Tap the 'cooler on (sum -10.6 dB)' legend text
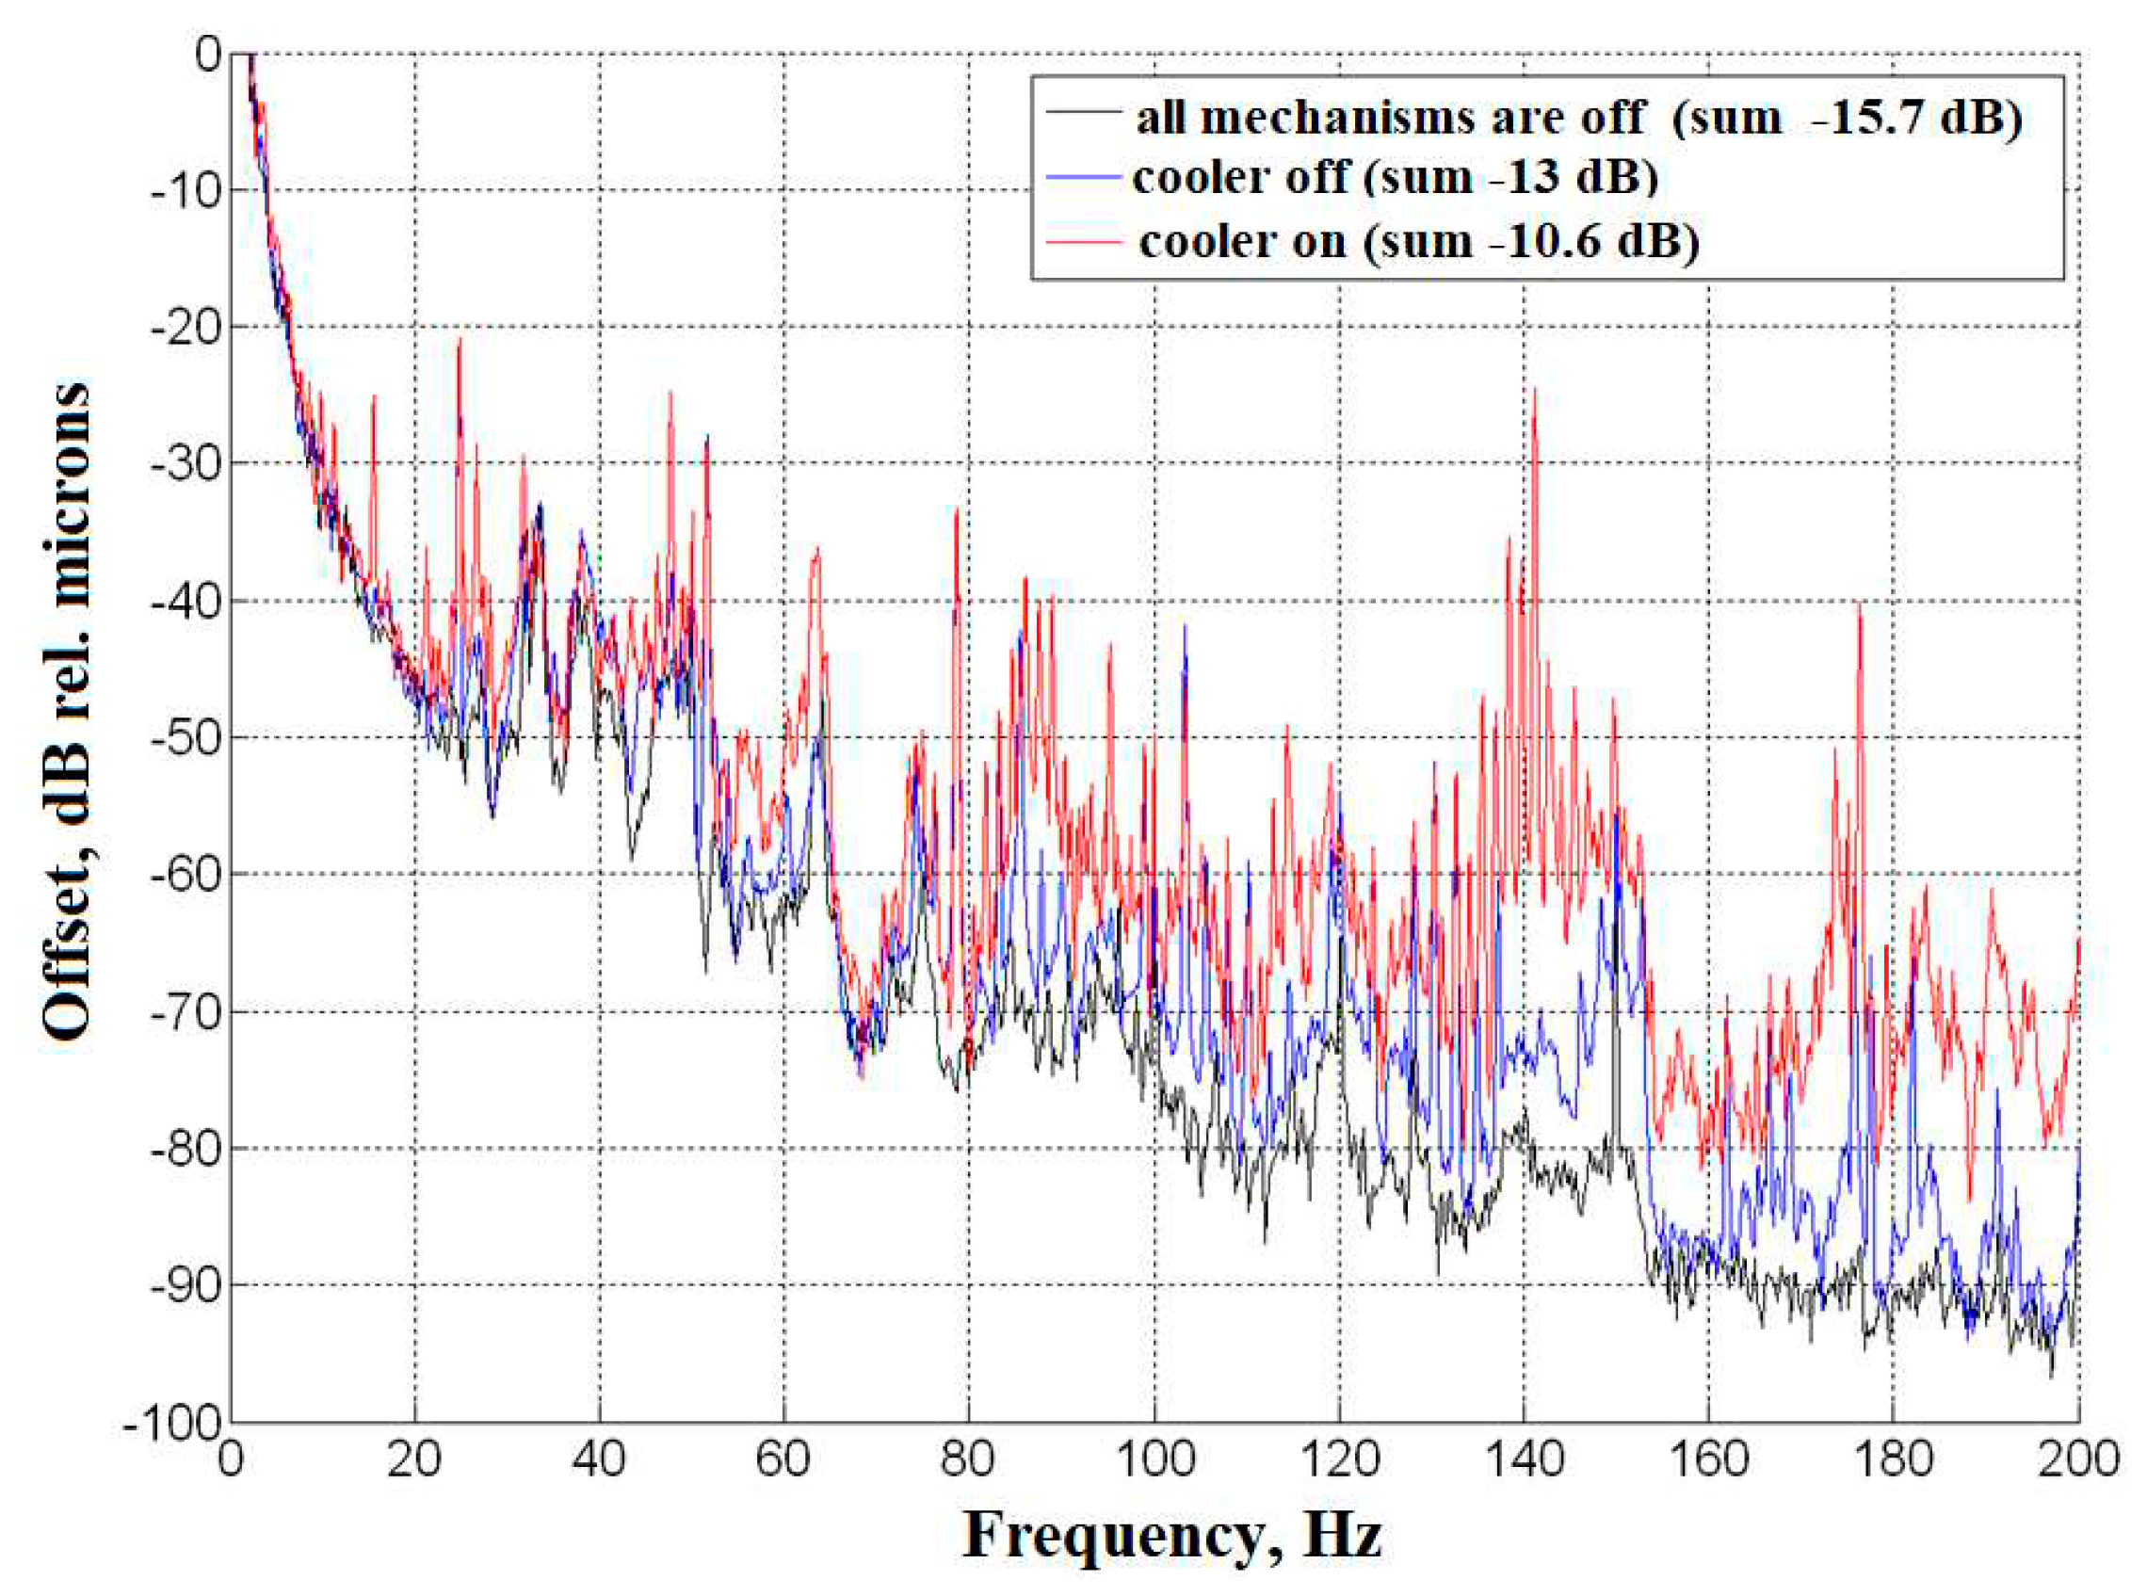tap(1417, 240)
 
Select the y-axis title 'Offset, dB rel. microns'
tap(66, 710)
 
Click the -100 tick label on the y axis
tap(174, 1423)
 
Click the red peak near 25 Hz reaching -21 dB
tap(460, 340)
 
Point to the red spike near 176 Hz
tap(1859, 605)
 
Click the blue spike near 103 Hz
tap(1185, 628)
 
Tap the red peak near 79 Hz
tap(956, 512)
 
